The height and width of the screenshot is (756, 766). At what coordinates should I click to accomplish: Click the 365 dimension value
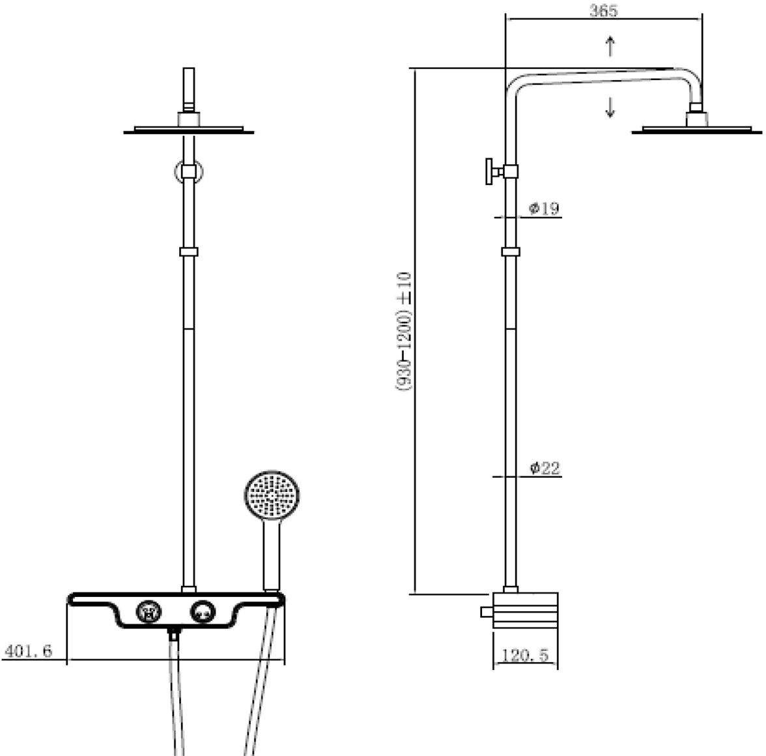[603, 10]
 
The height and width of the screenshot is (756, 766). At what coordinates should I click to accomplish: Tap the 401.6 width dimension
[28, 651]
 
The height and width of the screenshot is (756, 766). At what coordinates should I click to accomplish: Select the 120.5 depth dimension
[525, 655]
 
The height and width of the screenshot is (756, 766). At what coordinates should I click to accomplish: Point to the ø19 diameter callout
[545, 209]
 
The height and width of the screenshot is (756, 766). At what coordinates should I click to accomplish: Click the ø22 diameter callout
[545, 468]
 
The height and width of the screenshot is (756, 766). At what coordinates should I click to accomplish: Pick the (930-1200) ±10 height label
[404, 331]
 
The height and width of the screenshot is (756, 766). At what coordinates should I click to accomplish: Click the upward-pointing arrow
[610, 46]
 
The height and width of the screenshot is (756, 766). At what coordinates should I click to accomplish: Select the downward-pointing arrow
[610, 108]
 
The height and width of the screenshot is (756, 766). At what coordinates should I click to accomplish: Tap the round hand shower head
[272, 496]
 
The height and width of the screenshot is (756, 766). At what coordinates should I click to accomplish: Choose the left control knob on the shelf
[148, 611]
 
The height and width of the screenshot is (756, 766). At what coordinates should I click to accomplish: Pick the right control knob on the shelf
[202, 611]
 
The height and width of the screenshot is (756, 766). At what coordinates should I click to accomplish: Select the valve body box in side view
[525, 611]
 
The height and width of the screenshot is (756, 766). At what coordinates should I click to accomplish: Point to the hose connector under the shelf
[173, 635]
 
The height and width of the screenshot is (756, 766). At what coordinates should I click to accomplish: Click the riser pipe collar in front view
[189, 252]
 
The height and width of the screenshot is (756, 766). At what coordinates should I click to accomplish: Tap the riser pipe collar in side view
[511, 252]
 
